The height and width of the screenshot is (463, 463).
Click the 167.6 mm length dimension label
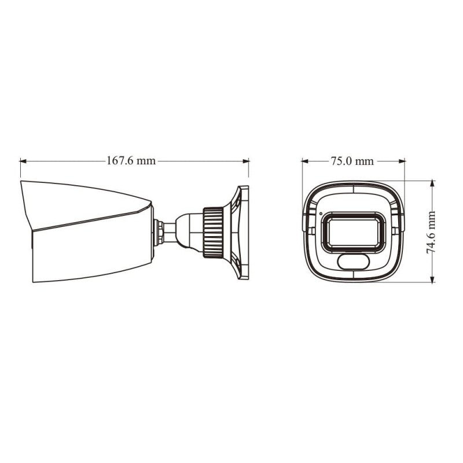click(131, 161)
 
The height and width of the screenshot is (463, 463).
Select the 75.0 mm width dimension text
click(352, 161)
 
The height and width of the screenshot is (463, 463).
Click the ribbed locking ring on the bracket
click(214, 231)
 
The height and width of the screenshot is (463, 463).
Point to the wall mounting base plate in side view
click(243, 231)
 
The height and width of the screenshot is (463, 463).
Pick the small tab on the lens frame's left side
click(311, 230)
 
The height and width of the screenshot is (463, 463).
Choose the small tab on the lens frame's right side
click(394, 230)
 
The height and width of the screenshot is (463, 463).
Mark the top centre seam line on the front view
click(352, 189)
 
